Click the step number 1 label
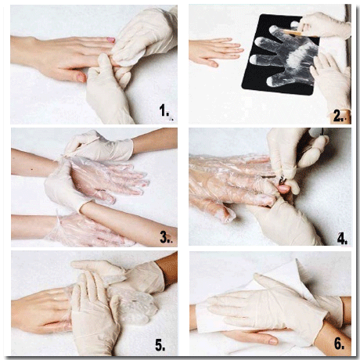click(164, 110)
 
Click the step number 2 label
click(338, 116)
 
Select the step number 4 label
click(342, 239)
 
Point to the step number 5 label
click(160, 345)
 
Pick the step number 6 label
click(339, 344)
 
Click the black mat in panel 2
click(280, 55)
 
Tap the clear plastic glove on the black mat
click(283, 53)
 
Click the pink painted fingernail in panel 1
click(111, 40)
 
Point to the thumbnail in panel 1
click(81, 77)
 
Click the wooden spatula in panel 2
click(297, 33)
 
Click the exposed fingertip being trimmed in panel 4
click(283, 189)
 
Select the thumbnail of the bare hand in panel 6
click(273, 341)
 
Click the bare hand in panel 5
click(41, 311)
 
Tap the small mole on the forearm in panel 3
click(32, 170)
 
